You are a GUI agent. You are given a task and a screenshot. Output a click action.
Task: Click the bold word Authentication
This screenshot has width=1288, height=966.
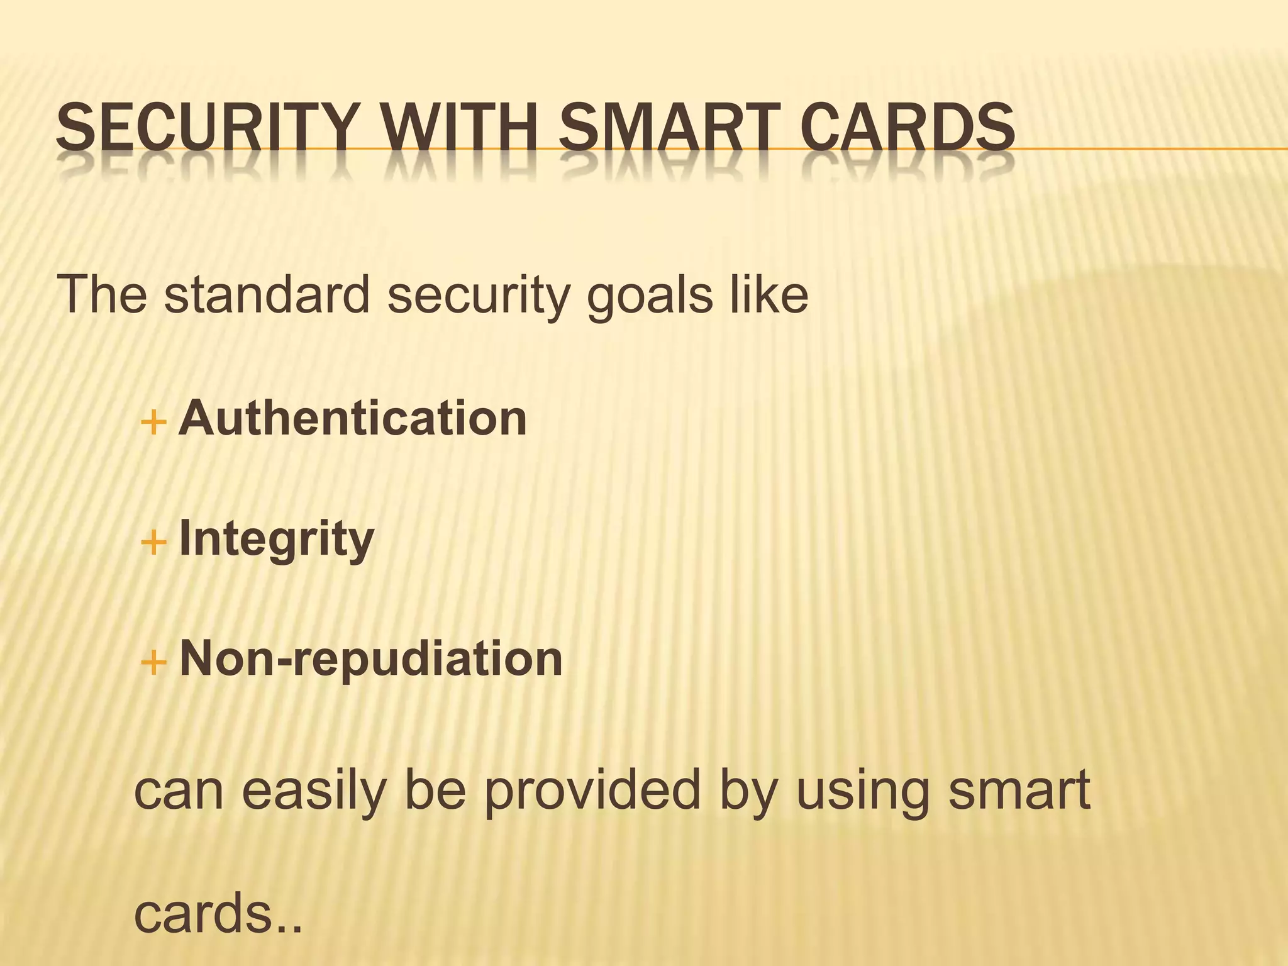coord(353,418)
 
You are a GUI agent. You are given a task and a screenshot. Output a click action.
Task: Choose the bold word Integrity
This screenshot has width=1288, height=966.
coord(277,539)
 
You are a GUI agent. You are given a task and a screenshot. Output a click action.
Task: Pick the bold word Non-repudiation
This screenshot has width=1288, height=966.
coord(371,658)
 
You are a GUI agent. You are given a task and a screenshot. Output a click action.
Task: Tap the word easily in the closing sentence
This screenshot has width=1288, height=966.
coord(313,791)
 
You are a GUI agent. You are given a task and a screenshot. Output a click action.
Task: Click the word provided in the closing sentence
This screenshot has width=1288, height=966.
coord(591,791)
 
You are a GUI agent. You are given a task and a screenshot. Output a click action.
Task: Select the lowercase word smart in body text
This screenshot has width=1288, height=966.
coord(1019,791)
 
